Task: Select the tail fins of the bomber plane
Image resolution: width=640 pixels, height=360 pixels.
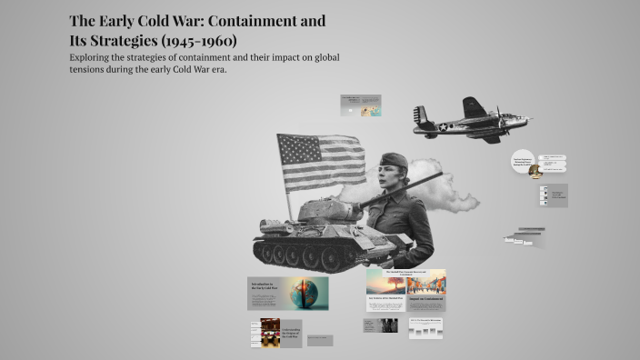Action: click(419, 119)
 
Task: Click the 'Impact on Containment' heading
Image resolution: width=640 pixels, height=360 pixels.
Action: click(426, 299)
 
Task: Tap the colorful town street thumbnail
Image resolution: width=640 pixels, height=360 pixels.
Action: click(426, 281)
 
